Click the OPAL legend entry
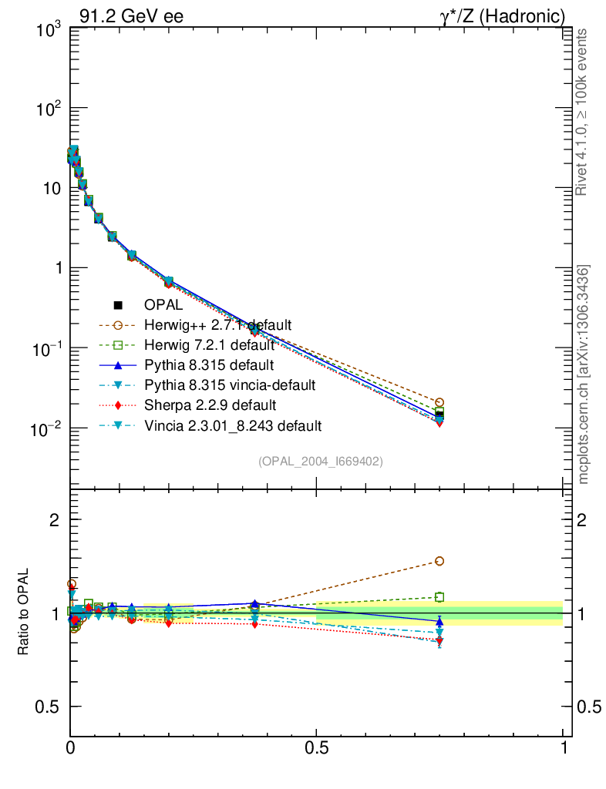173,305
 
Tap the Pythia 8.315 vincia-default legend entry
231,384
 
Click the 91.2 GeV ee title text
131,15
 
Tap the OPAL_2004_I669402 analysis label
321,461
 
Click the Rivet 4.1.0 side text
583,112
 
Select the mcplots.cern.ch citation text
584,374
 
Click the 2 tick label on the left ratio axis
55,520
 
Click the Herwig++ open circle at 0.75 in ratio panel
439,561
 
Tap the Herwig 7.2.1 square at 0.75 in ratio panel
439,596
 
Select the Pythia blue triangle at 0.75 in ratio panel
439,620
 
